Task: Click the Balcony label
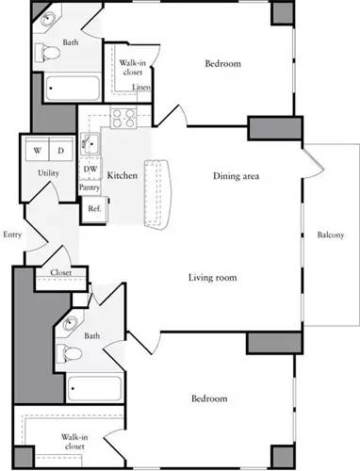[330, 235]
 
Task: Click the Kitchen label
[123, 176]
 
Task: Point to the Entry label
[12, 235]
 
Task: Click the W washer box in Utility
[37, 151]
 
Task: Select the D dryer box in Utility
[59, 151]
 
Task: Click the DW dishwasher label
[90, 170]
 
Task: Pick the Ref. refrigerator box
[94, 207]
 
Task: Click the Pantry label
[90, 187]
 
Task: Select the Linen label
[141, 88]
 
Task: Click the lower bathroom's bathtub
[94, 388]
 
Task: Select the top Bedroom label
[223, 64]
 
